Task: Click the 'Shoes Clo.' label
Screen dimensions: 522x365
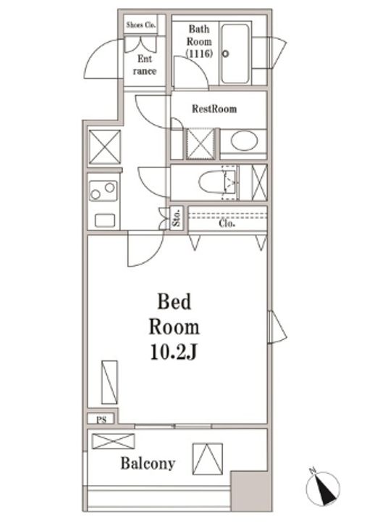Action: (142, 24)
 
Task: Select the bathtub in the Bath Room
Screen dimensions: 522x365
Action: (235, 53)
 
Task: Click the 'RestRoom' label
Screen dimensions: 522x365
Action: (214, 109)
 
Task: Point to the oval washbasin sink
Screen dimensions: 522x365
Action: (243, 141)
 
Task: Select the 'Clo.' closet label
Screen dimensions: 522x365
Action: (227, 224)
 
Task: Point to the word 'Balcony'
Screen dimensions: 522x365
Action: (147, 463)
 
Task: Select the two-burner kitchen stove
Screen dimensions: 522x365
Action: (103, 191)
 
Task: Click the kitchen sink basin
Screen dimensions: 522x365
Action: (104, 219)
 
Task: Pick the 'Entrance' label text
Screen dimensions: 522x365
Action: (144, 65)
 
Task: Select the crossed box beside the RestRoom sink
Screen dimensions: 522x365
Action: (201, 143)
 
